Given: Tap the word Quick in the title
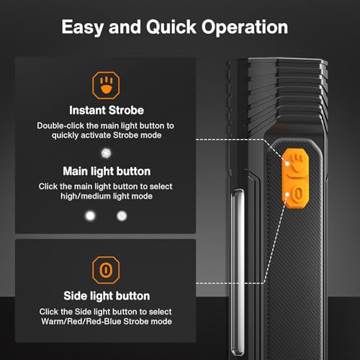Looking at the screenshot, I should (x=171, y=28).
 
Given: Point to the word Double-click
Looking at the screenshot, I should (x=60, y=126).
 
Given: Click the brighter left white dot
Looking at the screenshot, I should (x=91, y=215).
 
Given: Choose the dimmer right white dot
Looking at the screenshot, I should (x=121, y=215).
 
